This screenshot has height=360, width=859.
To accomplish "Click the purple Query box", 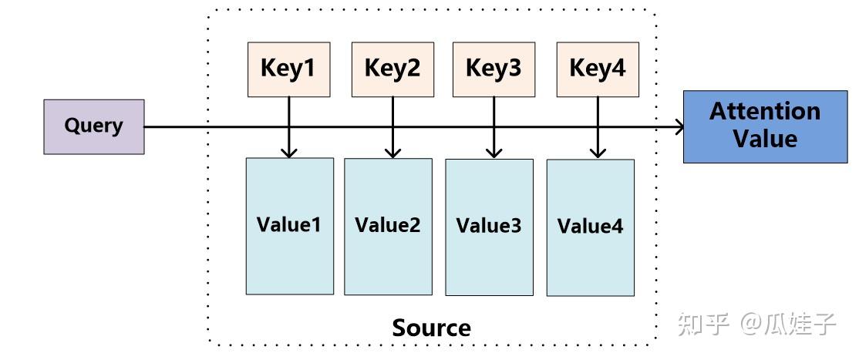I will click(93, 126).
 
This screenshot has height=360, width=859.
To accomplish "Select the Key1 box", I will click(288, 69).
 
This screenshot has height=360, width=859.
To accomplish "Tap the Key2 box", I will click(392, 69).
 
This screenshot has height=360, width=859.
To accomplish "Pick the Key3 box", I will click(494, 69).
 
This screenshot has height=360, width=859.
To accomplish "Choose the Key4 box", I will click(598, 69).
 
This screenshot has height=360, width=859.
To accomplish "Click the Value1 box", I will click(289, 226).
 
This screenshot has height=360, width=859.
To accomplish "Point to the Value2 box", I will click(388, 227).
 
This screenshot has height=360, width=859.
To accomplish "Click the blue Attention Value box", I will click(765, 126).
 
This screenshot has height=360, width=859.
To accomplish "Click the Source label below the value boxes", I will click(431, 328).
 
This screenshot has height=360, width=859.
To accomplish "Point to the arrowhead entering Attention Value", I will click(680, 127).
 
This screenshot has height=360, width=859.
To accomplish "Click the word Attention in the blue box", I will click(764, 112).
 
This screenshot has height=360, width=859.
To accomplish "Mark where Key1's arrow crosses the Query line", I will click(289, 127).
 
